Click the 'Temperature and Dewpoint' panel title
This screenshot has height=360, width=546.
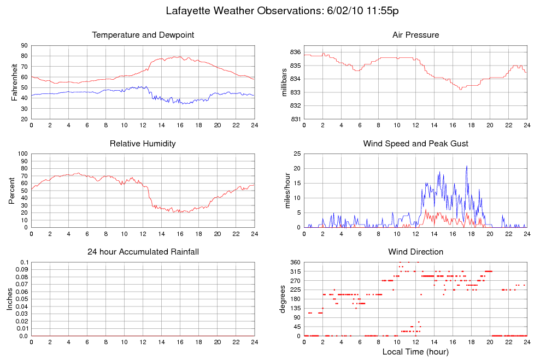143,36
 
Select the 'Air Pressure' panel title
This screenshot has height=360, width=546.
415,36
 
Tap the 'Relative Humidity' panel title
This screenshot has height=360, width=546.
143,144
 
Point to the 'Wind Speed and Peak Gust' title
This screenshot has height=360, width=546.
415,144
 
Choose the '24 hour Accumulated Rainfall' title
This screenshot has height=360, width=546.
143,252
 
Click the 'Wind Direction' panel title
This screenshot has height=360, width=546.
415,252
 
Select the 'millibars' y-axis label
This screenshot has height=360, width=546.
284,82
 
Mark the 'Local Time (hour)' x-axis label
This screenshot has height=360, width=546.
415,351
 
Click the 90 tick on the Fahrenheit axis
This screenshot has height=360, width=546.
25,46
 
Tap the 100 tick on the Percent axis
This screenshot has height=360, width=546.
23,154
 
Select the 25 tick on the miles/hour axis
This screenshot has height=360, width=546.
297,154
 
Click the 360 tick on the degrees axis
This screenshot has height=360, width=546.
295,262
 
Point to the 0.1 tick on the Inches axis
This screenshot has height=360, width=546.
24,262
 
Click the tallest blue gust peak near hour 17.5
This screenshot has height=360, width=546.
467,166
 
